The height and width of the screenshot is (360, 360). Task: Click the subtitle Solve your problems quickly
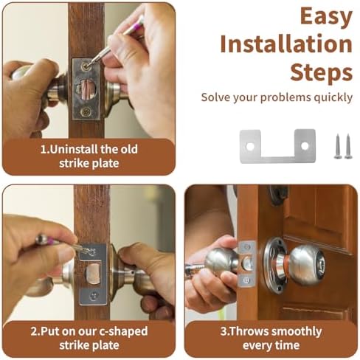pyautogui.click(x=277, y=97)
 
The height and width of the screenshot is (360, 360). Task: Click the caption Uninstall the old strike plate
pyautogui.click(x=89, y=156)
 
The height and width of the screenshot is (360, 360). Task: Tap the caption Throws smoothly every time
pyautogui.click(x=270, y=337)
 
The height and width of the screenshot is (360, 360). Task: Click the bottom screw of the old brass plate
pyautogui.click(x=86, y=111)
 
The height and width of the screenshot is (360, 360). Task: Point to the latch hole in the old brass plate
pyautogui.click(x=89, y=89)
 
